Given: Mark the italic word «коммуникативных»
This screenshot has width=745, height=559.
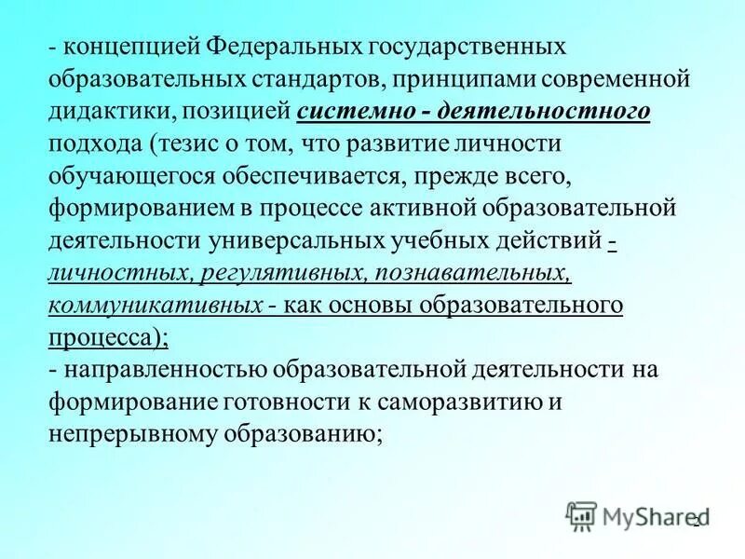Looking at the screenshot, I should [155, 307].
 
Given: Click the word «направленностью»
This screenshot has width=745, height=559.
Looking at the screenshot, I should [164, 370].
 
